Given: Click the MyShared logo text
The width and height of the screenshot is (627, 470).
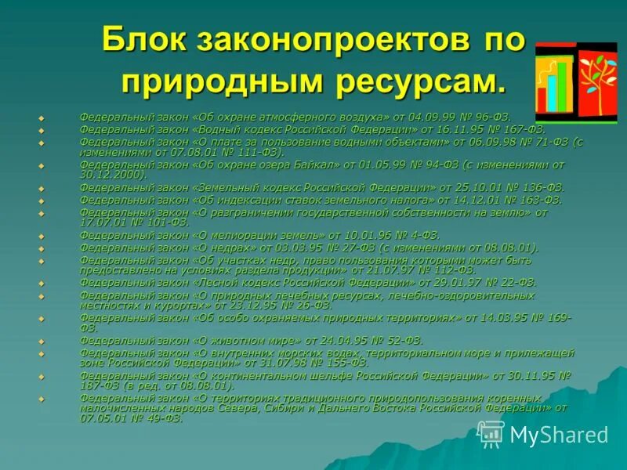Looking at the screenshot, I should pos(558,435).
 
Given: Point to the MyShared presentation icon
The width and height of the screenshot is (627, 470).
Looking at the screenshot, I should pos(491,433).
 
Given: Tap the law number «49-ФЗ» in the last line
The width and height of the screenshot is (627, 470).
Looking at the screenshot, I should pos(162,418).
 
